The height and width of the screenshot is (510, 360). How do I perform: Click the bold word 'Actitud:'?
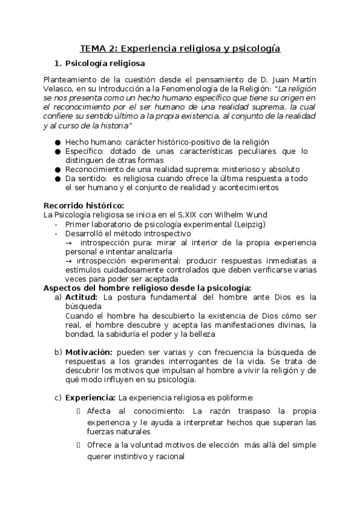pos(82,296)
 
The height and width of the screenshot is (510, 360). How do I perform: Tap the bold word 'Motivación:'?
pos(88,352)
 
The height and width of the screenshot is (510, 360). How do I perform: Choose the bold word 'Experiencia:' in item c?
pos(90,398)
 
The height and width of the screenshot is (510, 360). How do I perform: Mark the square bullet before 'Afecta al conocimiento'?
pos(79,411)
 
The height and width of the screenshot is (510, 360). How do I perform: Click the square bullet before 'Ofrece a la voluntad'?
pos(79,445)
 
